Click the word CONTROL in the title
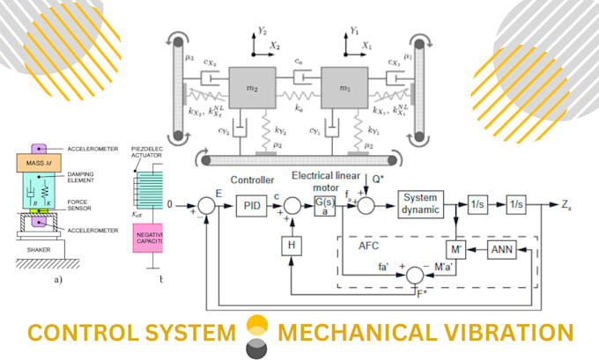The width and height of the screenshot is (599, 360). point(78,334)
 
